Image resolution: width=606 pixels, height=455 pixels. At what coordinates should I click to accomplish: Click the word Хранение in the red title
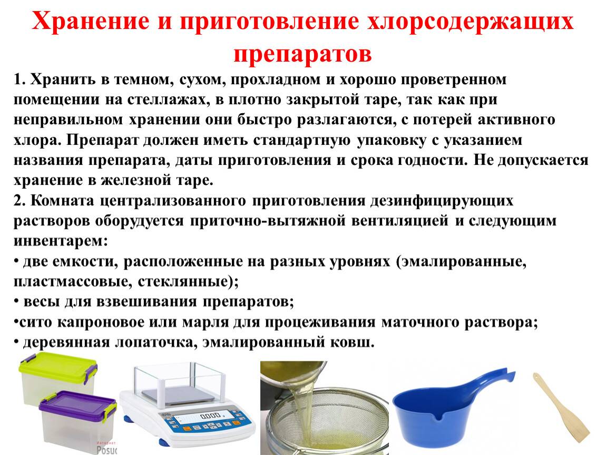click(x=91, y=22)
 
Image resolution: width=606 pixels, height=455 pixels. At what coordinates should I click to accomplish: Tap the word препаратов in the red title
click(x=302, y=54)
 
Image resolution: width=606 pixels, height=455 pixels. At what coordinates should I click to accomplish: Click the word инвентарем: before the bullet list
click(x=61, y=241)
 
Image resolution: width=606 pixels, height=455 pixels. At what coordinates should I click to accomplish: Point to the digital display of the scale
click(x=204, y=417)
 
